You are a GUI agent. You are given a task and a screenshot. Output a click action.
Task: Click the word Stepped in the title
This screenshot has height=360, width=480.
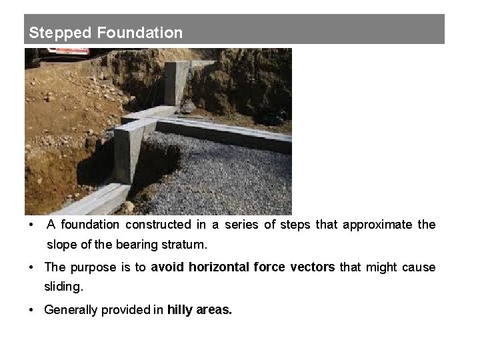60,33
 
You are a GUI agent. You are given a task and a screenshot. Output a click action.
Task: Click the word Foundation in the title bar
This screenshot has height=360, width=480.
139,33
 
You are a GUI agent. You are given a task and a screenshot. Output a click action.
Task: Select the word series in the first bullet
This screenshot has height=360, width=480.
243,225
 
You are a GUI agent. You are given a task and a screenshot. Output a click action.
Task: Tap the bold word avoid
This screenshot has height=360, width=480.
167,267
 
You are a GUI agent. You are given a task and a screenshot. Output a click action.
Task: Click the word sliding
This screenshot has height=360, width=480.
63,287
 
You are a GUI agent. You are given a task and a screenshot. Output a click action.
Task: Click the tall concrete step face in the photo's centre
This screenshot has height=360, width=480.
127,157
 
